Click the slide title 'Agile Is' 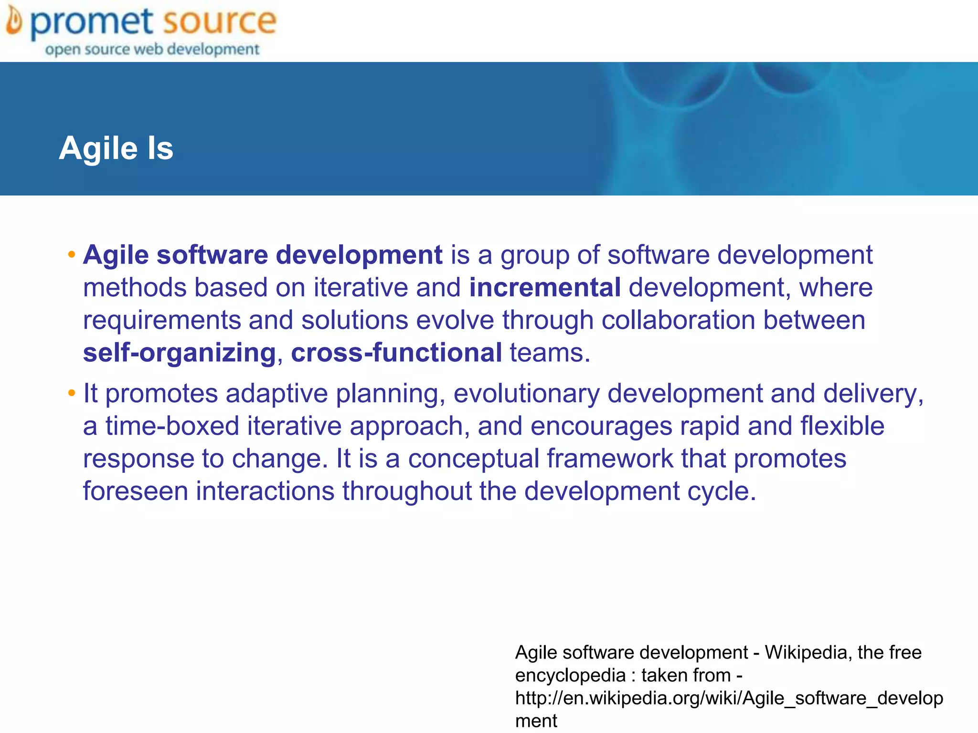coord(116,148)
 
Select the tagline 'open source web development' coord(152,49)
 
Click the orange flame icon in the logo coord(14,22)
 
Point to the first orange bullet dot coord(72,254)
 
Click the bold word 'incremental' coord(545,288)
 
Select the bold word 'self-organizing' coord(180,353)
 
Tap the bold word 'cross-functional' coord(396,353)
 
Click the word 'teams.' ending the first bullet coord(550,353)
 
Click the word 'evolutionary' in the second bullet coord(526,394)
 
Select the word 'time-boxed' coord(172,426)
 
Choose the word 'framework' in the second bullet coord(610,459)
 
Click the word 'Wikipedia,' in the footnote coord(808,652)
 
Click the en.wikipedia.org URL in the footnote coord(729,698)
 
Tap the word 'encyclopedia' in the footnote coord(570,675)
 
